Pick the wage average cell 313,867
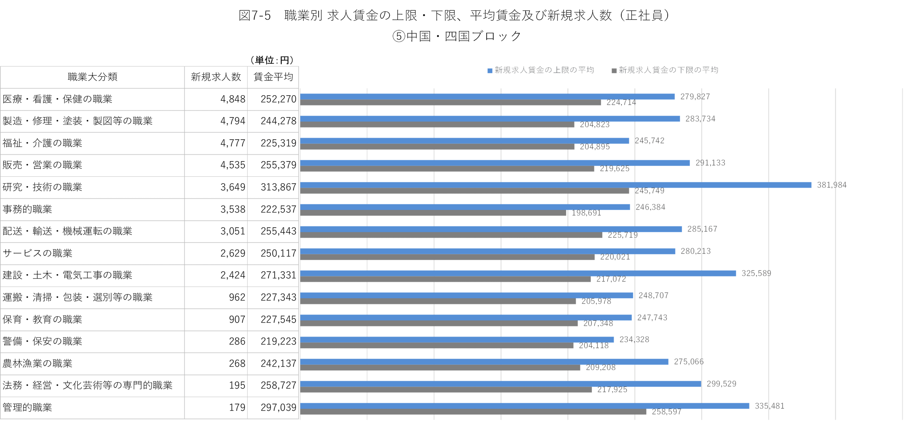[x=278, y=187]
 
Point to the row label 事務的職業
[x=27, y=209]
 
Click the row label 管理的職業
[x=27, y=407]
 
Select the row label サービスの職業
[x=37, y=253]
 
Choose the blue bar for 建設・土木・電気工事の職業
[x=518, y=273]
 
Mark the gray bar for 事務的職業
[x=433, y=213]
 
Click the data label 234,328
[x=634, y=339]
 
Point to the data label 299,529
[x=721, y=384]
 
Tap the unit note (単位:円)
[x=272, y=60]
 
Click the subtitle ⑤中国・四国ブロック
[x=457, y=36]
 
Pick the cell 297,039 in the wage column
[x=278, y=407]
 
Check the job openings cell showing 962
[x=237, y=297]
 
